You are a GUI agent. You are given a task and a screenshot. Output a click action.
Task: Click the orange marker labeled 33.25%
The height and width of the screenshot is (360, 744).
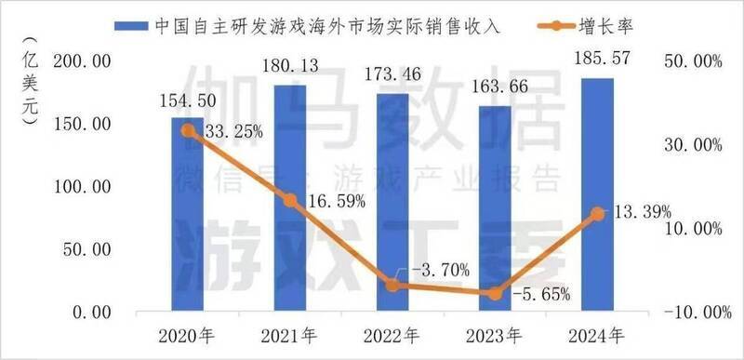click(x=187, y=131)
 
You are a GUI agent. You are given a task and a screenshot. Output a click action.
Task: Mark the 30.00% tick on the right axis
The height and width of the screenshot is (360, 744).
click(x=690, y=145)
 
